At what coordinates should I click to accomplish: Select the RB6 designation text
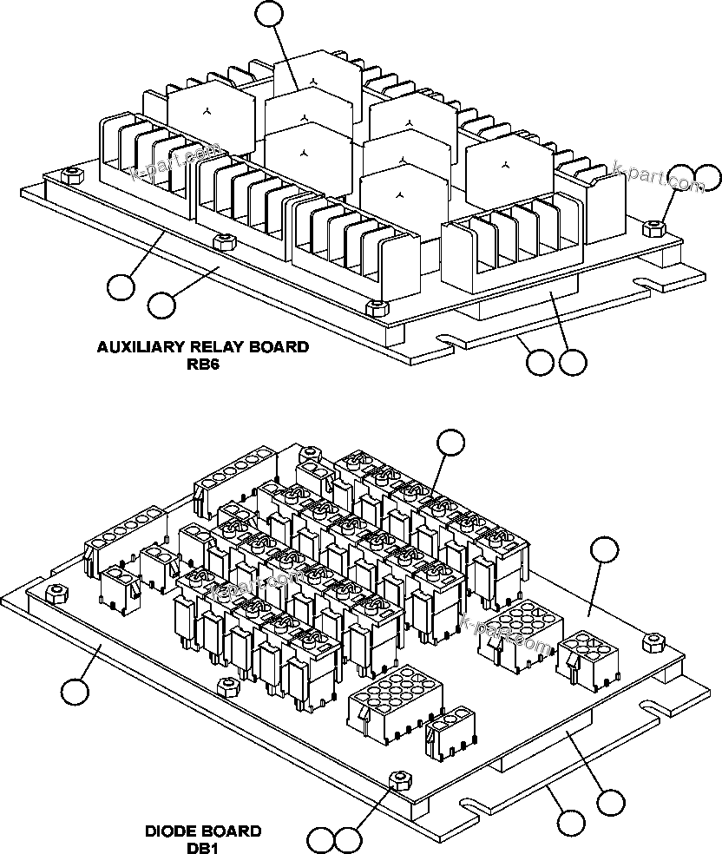click(202, 365)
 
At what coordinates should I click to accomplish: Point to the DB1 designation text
click(202, 848)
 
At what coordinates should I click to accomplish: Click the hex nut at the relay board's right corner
click(654, 228)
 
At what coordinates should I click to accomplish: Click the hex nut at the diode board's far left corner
click(57, 592)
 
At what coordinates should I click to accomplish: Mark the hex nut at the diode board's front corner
click(398, 778)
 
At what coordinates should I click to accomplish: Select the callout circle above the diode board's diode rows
click(450, 442)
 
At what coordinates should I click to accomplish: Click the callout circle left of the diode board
click(75, 691)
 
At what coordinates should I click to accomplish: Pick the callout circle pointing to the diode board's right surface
click(604, 550)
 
